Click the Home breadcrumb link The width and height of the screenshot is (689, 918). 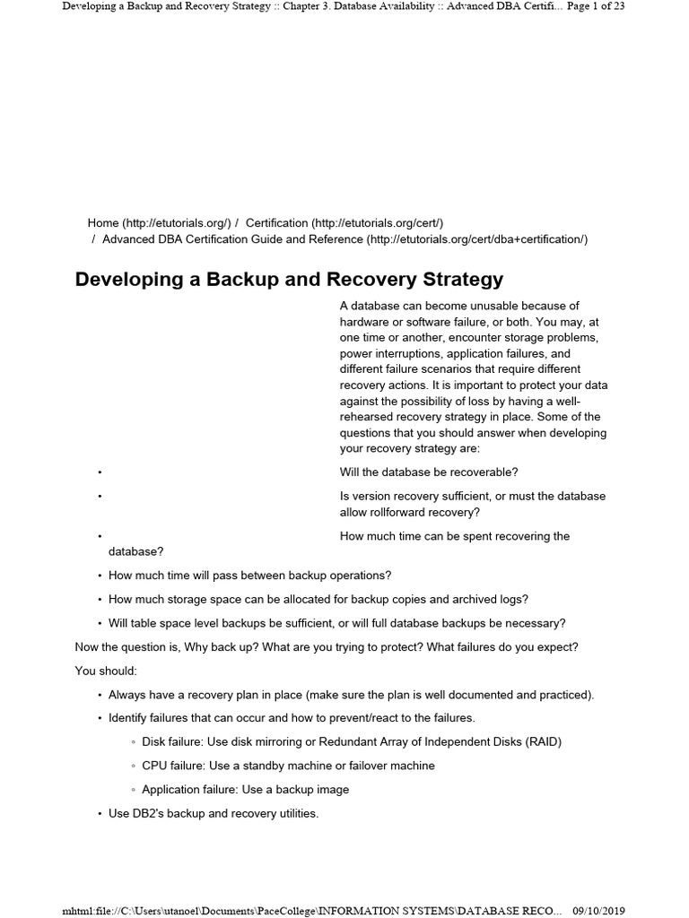pyautogui.click(x=103, y=222)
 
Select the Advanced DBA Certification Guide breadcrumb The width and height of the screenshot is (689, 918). pyautogui.click(x=233, y=239)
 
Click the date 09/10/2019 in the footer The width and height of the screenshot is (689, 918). pyautogui.click(x=598, y=911)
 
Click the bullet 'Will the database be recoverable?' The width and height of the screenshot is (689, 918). pyautogui.click(x=429, y=472)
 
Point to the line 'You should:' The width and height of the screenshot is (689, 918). pyautogui.click(x=106, y=671)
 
